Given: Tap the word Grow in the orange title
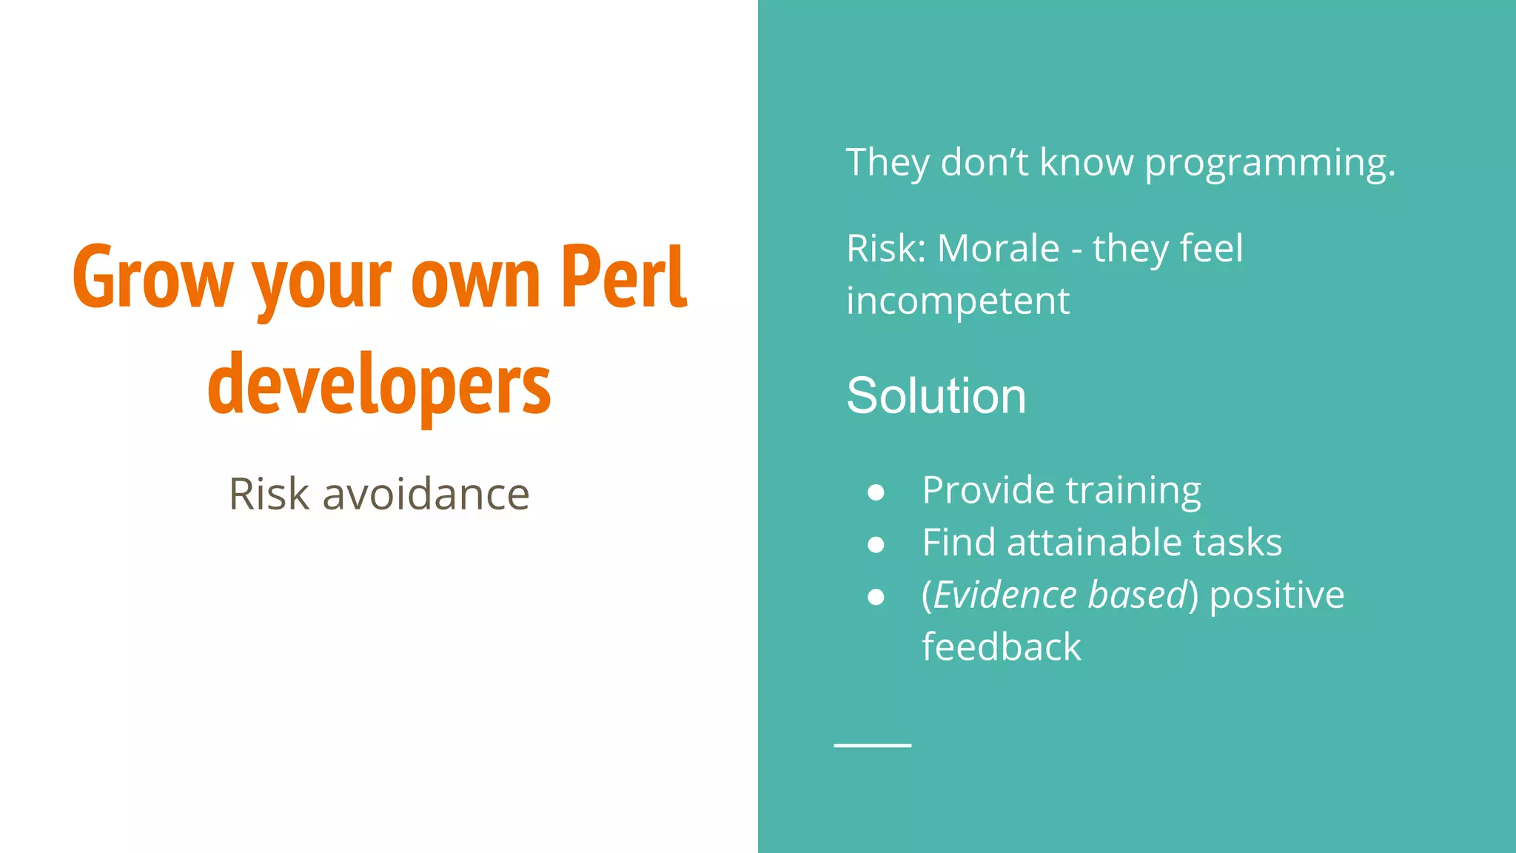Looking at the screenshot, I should coord(152,278).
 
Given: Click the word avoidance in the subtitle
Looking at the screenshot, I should coord(426,494).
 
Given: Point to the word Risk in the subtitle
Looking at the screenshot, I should coord(269,494).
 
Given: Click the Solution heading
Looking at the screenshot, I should coord(936,395).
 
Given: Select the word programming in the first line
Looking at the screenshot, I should coord(1269,163).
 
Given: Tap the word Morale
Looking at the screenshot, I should coord(998,248).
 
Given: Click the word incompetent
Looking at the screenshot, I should coord(957,301).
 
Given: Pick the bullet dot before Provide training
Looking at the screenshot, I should coord(876,492).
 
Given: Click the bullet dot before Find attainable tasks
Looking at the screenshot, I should coord(876,545).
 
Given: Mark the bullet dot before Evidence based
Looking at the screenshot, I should coord(876,597).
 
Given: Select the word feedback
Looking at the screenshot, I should coord(1001,647).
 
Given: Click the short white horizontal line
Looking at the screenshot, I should coord(872,745).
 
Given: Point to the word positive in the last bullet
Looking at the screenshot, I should coord(1276,595).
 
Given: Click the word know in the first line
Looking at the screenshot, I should coord(1086,162).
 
